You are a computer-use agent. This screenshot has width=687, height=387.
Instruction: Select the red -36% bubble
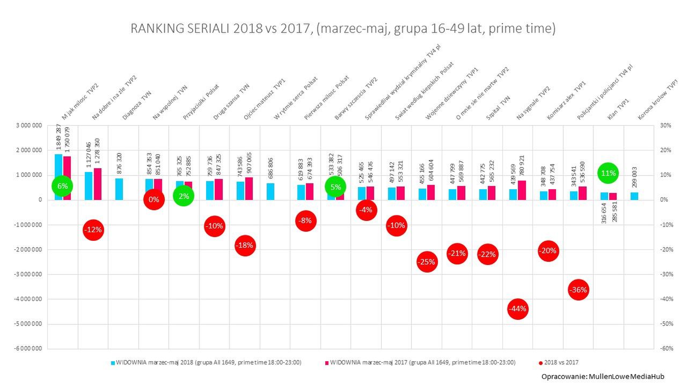pos(579,290)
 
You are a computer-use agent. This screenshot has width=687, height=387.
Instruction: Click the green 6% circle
pos(63,186)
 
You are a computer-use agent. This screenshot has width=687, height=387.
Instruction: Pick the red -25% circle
pos(427,262)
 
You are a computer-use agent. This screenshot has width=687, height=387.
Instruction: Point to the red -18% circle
pos(245,246)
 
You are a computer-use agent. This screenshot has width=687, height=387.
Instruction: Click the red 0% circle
pos(154,200)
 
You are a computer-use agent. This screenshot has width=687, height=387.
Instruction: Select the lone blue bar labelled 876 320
pos(119,189)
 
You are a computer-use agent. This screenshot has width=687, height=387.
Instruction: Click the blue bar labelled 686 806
pos(271,191)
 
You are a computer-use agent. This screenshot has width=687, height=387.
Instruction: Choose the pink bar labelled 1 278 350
pos(97,184)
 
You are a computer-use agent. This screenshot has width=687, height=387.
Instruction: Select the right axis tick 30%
pos(666,126)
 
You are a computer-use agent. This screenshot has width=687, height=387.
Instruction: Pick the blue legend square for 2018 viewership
pos(113,363)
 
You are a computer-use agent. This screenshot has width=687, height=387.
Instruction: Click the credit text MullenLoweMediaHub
pos(603,376)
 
